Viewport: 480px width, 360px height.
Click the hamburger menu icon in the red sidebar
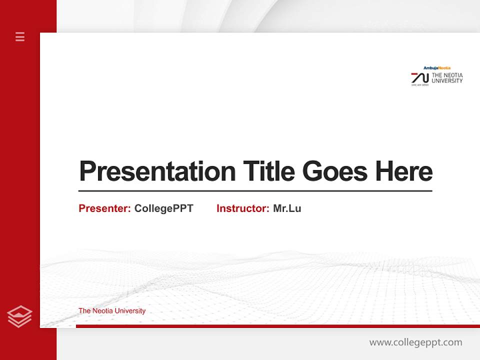click(20, 36)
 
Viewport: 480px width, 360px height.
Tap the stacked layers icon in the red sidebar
click(19, 316)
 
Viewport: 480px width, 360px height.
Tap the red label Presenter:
click(104, 208)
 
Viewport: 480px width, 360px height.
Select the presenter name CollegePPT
click(163, 208)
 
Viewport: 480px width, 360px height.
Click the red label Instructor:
click(242, 208)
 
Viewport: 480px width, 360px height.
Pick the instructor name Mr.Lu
click(287, 208)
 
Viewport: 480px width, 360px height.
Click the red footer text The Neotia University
click(112, 311)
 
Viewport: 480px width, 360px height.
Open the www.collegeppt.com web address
click(415, 342)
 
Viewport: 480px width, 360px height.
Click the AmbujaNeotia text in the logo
click(436, 68)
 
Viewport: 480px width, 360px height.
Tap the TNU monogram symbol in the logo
click(420, 77)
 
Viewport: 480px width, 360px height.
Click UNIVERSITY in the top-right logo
click(447, 80)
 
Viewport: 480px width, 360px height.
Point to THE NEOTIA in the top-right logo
click(447, 75)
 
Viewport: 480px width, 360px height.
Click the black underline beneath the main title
click(255, 190)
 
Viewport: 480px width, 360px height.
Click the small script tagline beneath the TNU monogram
click(420, 85)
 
